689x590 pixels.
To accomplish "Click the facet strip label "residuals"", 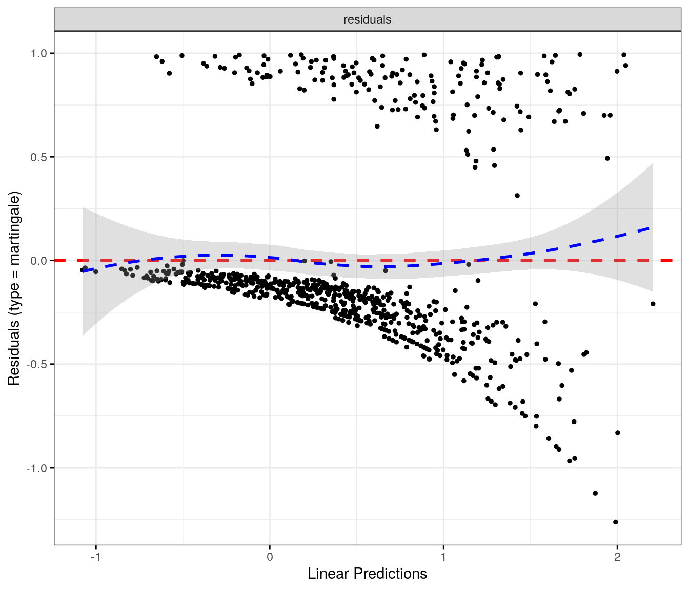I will point(367,19).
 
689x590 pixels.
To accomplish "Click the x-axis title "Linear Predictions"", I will point(367,574).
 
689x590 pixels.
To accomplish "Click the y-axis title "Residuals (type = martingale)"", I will point(14,288).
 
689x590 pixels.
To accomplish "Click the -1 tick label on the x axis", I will point(96,557).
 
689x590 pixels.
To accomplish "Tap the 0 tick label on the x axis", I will point(270,557).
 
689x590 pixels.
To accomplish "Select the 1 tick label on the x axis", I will point(443,557).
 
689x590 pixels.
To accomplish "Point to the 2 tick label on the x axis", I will point(617,557).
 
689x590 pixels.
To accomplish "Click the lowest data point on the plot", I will point(615,522).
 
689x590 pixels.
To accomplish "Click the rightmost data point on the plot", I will point(653,304).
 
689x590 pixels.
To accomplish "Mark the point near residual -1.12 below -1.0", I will point(595,493).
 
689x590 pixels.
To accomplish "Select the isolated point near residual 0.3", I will point(517,196).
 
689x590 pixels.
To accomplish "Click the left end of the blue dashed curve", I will point(83,270).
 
